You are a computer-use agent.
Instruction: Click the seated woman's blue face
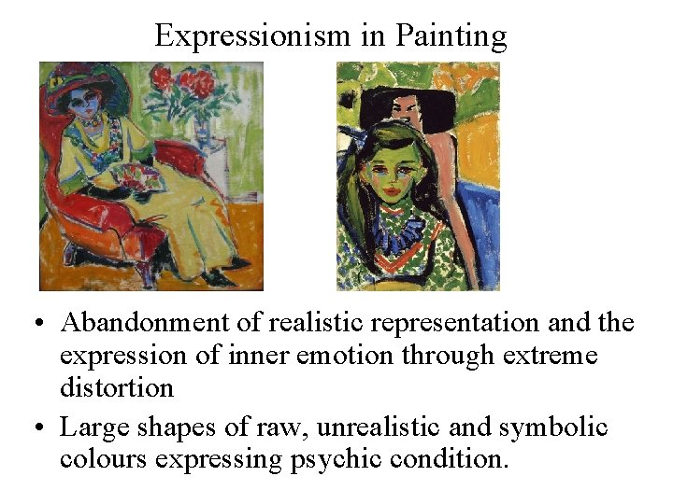[90, 101]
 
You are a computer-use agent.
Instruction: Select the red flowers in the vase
[187, 84]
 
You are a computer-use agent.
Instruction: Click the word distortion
[117, 386]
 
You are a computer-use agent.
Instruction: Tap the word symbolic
[555, 428]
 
